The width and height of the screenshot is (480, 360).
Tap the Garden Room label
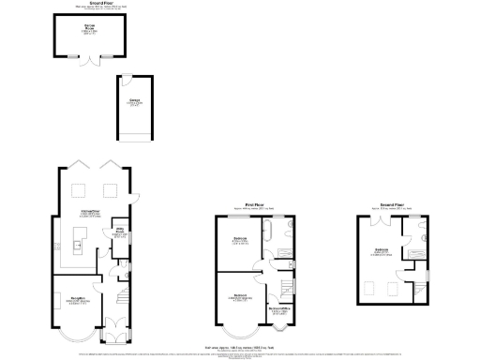click(85, 29)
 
